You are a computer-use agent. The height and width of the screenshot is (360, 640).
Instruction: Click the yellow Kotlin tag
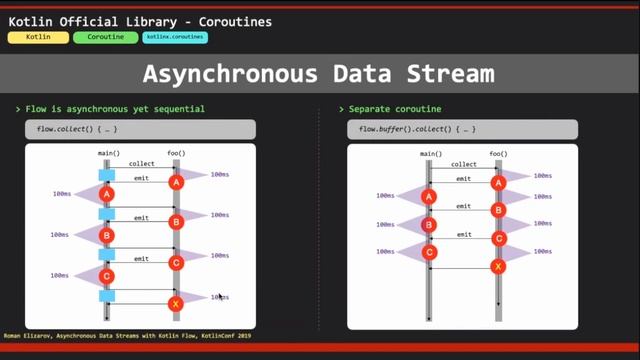(38, 37)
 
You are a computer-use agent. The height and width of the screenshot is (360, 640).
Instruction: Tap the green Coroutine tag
(105, 37)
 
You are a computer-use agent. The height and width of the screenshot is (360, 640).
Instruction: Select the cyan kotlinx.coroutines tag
(175, 37)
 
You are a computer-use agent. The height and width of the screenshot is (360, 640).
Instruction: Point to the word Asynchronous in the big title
(232, 73)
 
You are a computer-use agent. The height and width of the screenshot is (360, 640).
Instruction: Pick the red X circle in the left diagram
(176, 303)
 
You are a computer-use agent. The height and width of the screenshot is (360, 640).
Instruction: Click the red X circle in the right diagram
(498, 266)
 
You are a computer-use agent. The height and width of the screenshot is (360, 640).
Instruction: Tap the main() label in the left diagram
(109, 153)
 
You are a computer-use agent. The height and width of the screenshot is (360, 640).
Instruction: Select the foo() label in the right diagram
(498, 153)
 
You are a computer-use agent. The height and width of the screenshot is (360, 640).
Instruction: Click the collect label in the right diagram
(463, 163)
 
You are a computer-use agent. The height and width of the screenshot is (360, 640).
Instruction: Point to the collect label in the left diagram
(142, 163)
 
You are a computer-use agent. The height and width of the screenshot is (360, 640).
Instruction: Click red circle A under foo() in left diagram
(176, 182)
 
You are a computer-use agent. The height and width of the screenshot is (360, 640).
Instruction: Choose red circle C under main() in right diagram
(430, 253)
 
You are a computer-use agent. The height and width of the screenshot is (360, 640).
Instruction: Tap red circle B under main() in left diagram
(107, 234)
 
